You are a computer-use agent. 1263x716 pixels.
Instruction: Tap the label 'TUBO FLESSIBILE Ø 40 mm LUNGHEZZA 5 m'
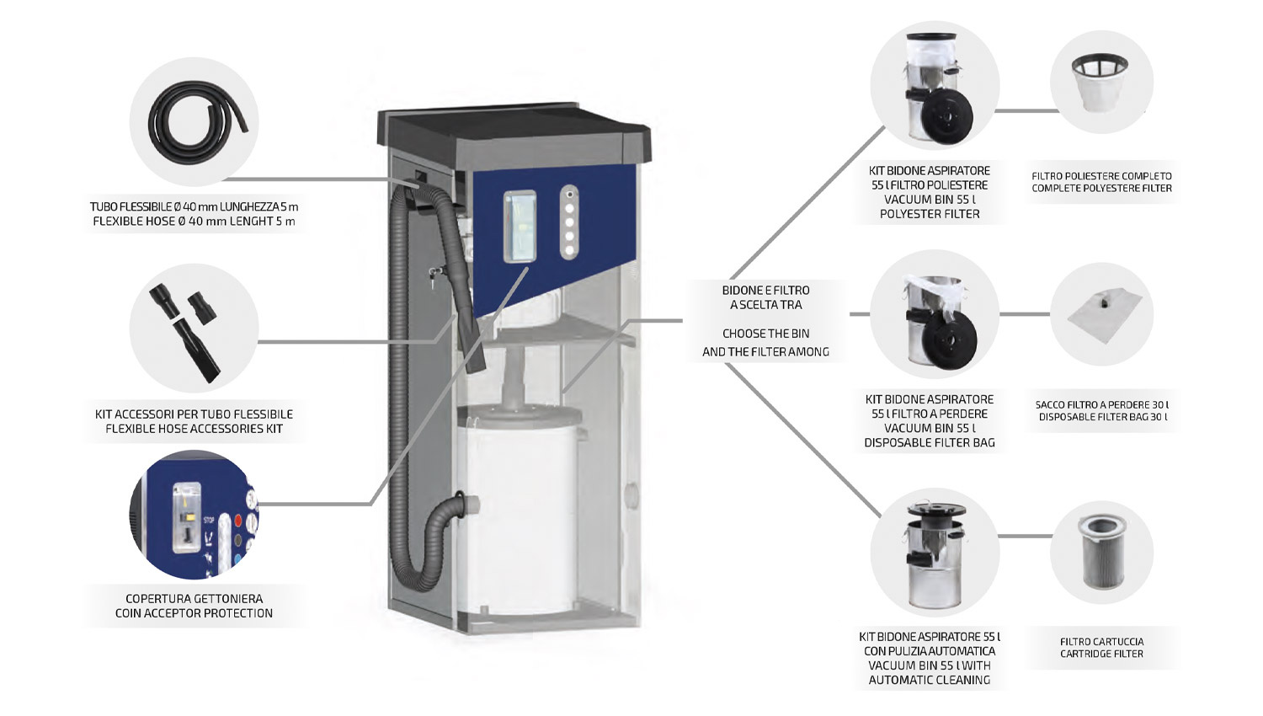194,206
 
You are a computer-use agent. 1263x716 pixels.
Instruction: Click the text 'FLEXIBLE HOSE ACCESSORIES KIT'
194,429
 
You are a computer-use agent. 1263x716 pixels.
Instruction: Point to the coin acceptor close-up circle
194,516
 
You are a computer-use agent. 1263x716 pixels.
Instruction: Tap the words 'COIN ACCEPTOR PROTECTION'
194,613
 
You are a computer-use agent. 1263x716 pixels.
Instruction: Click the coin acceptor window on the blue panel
520,225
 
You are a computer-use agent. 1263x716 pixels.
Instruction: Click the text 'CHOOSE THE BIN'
765,334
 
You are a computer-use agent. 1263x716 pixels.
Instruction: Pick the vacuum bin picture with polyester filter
935,87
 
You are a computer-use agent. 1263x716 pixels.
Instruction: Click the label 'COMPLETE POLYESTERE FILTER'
1101,189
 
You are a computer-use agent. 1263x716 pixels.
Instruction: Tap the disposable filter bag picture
1101,315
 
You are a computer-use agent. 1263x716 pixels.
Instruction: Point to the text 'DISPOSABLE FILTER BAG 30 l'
1102,417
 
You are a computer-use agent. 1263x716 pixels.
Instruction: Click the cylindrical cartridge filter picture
1101,551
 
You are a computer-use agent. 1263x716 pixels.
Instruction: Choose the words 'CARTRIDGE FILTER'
1101,654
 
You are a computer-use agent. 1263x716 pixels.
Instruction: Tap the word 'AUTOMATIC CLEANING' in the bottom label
930,680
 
